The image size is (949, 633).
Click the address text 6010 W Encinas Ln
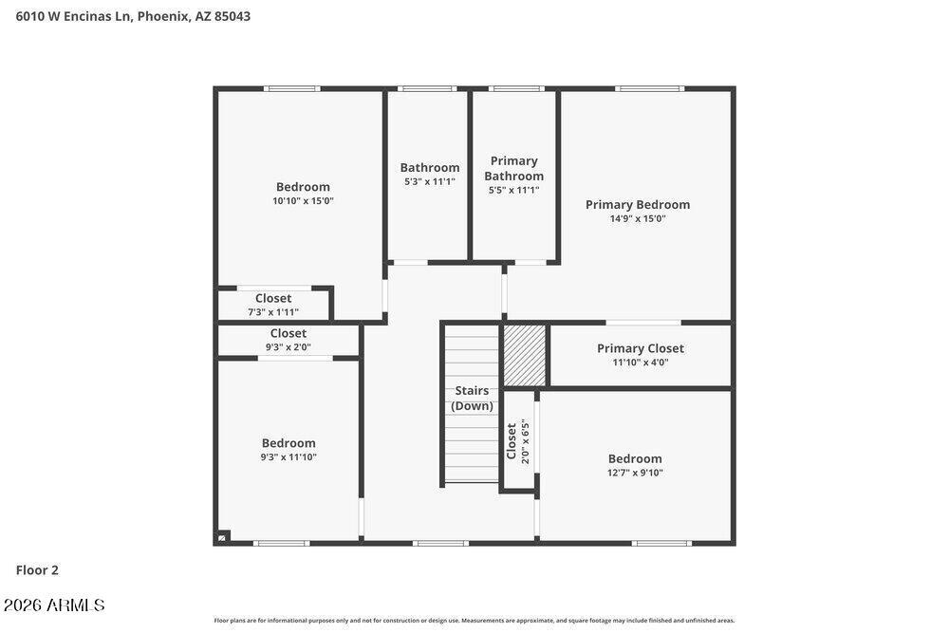[x=73, y=16]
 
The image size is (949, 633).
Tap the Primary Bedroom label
[x=638, y=205]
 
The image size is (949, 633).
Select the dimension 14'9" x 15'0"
[x=638, y=218]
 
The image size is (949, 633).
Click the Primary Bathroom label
[x=513, y=168]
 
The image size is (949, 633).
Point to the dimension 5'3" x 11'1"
[x=430, y=181]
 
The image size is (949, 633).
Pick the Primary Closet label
[x=641, y=348]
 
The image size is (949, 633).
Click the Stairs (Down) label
[x=472, y=399]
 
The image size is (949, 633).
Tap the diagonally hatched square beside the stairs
[x=525, y=355]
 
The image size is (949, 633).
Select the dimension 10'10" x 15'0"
[x=303, y=201]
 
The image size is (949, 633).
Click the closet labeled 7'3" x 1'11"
[x=273, y=305]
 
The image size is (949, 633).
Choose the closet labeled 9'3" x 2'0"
[x=288, y=340]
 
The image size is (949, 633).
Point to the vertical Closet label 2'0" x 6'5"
[x=517, y=441]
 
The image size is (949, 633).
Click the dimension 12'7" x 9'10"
[x=635, y=473]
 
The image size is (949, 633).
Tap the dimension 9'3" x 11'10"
[x=288, y=456]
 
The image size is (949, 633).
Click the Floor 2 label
[x=37, y=570]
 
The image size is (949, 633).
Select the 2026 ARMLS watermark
[x=54, y=605]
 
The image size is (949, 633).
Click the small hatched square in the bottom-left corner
[x=223, y=536]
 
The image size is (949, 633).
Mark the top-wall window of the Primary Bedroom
[x=650, y=89]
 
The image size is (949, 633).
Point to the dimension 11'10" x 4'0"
[x=641, y=363]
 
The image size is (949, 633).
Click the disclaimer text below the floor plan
[x=474, y=621]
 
